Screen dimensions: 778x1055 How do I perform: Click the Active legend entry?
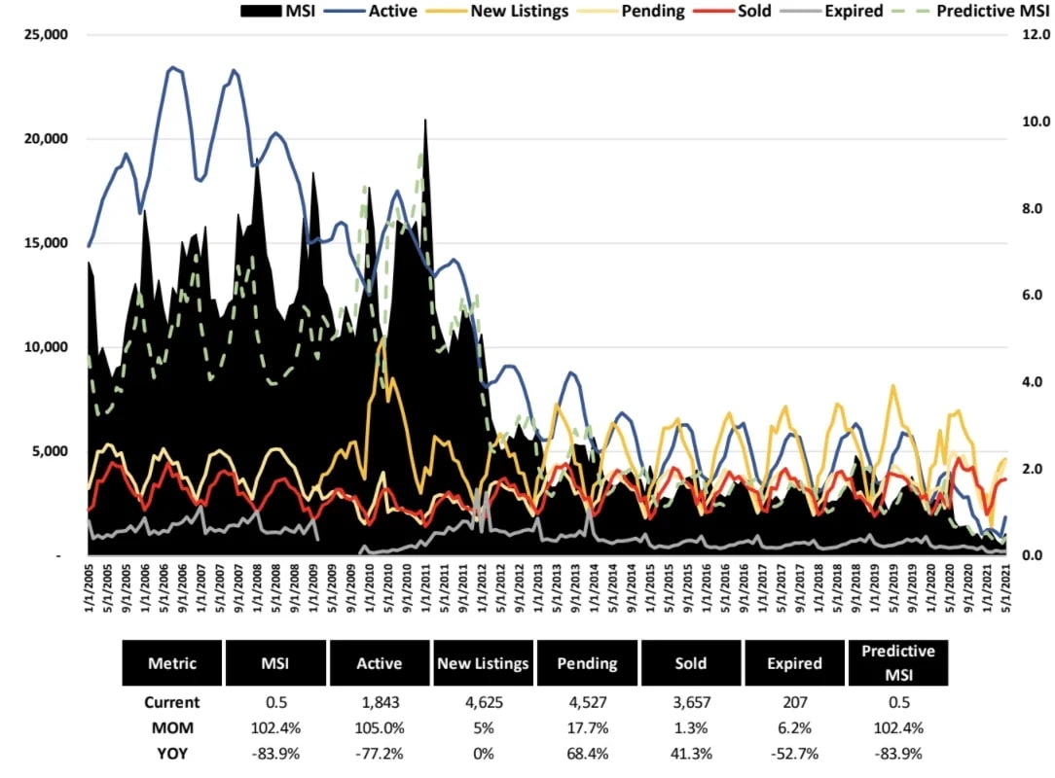[382, 12]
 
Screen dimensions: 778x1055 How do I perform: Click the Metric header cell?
[171, 663]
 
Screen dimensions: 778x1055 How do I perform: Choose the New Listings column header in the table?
[482, 663]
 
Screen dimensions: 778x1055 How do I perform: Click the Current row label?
[171, 702]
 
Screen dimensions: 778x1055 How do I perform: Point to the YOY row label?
[171, 753]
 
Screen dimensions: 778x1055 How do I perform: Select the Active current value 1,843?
[379, 702]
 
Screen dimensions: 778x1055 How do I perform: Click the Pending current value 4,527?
[587, 702]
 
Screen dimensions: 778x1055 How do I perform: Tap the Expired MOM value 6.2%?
[794, 727]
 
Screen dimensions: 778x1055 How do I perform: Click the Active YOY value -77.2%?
[379, 753]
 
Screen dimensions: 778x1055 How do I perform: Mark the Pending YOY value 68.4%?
[587, 753]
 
